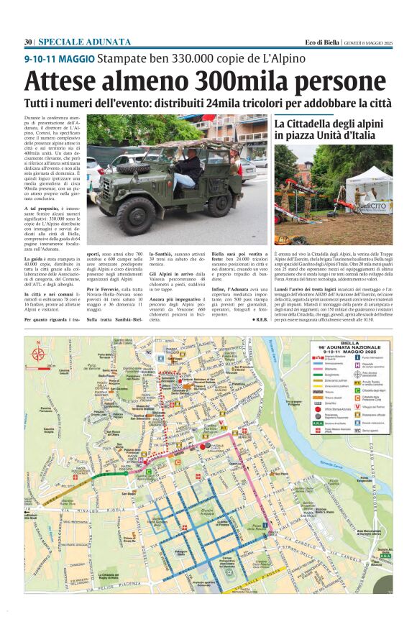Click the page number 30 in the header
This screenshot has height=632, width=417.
[28, 42]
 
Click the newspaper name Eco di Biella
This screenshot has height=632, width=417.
[321, 42]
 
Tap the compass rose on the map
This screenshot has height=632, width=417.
[37, 353]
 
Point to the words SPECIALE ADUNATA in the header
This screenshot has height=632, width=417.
[84, 42]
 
